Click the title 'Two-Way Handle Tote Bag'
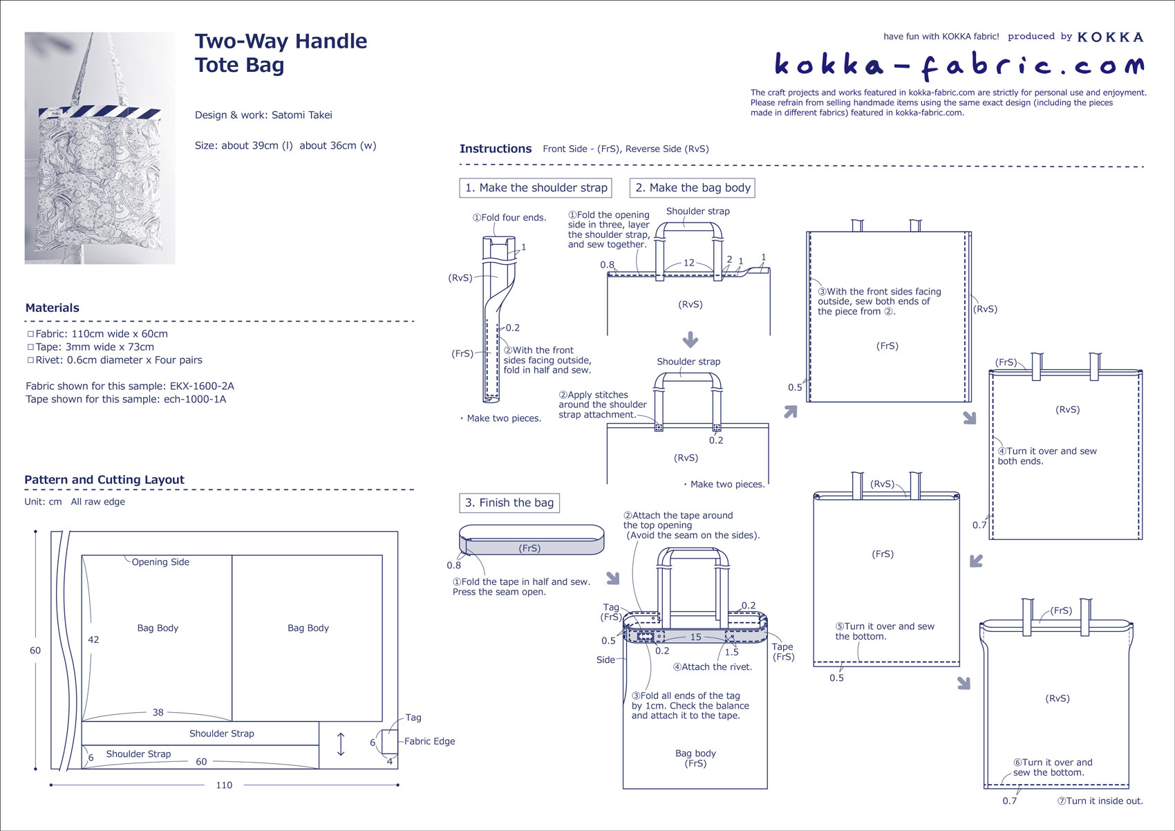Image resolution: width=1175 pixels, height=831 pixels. [281, 53]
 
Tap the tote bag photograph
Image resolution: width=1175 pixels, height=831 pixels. [100, 148]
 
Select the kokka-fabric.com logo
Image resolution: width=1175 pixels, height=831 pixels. [959, 65]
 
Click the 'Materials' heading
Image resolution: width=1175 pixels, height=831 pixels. [53, 308]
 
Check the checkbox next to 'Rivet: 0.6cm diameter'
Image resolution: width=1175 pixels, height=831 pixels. [30, 360]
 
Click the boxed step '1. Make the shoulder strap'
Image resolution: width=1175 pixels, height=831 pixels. [536, 188]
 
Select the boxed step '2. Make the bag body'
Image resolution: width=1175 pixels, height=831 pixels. [693, 188]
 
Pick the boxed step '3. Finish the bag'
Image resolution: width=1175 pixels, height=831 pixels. [509, 503]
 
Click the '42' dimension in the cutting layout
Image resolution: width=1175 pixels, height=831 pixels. [93, 640]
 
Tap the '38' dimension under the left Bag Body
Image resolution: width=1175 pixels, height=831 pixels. [158, 713]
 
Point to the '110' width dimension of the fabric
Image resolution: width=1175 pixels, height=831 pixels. [224, 785]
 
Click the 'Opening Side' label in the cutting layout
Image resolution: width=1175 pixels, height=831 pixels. [160, 563]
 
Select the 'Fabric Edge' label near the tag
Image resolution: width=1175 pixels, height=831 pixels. [429, 742]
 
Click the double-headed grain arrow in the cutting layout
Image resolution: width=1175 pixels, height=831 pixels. [341, 745]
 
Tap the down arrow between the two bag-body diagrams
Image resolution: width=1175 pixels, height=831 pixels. [690, 340]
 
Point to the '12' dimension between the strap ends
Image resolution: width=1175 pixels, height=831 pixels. [688, 263]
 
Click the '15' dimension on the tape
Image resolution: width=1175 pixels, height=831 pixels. [695, 637]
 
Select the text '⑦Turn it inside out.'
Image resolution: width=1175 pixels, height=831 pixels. [1100, 801]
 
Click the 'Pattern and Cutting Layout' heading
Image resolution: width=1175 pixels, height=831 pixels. [104, 480]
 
